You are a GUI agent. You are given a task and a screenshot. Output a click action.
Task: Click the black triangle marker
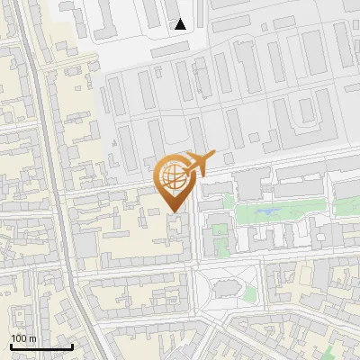pyautogui.click(x=181, y=24)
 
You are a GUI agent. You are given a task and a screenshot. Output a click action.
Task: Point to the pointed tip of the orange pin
pyautogui.click(x=174, y=211)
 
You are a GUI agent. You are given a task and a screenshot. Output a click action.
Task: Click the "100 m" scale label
pyautogui.click(x=24, y=337)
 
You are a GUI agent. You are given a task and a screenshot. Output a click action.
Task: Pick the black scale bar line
pyautogui.click(x=41, y=346)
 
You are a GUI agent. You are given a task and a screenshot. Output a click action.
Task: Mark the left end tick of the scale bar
pyautogui.click(x=11, y=346)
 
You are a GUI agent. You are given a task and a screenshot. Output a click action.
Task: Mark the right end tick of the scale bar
pyautogui.click(x=72, y=346)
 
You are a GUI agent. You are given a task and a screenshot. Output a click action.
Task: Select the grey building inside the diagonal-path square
pyautogui.click(x=227, y=288)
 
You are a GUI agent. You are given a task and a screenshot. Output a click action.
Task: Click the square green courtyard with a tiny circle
pyautogui.click(x=219, y=241)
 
